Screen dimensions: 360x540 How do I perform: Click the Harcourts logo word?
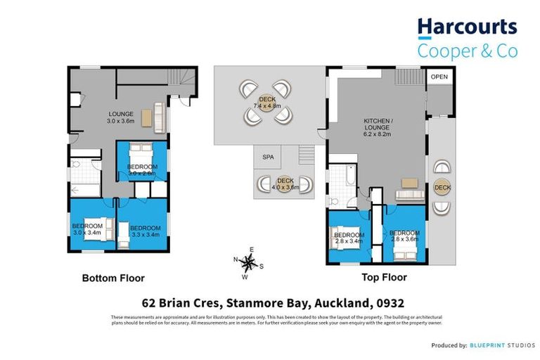467,28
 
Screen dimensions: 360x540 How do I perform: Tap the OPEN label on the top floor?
439,77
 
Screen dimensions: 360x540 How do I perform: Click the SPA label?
267,157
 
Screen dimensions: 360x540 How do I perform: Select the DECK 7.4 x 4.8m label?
267,103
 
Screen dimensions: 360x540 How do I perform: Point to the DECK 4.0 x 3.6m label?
285,184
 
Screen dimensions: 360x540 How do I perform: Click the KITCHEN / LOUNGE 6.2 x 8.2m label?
375,125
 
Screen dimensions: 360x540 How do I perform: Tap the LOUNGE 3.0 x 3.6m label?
120,117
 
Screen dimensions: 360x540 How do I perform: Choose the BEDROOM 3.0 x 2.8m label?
141,169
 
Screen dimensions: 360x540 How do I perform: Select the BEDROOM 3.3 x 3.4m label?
146,231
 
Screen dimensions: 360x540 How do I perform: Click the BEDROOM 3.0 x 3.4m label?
87,229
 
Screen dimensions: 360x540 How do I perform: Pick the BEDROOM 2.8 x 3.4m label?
348,238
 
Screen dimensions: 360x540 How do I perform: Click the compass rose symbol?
247,264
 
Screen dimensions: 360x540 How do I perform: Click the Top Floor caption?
384,278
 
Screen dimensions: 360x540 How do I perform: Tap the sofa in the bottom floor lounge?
160,115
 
